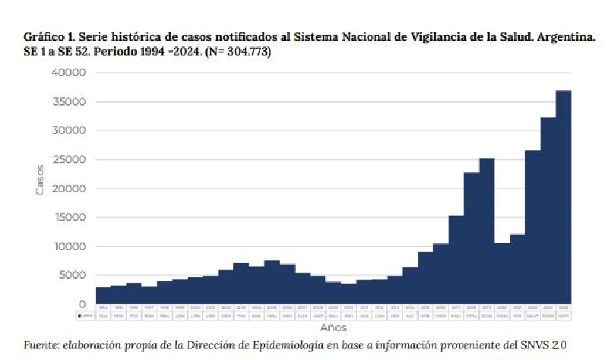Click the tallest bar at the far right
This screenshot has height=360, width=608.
pyautogui.click(x=563, y=197)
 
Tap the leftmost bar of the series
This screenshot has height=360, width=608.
pyautogui.click(x=103, y=296)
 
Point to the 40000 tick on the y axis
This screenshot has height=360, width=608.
pyautogui.click(x=69, y=73)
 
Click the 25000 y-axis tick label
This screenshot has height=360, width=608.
pyautogui.click(x=69, y=160)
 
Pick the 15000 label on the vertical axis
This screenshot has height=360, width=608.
pyautogui.click(x=69, y=218)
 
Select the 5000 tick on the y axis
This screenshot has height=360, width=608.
pyautogui.click(x=73, y=276)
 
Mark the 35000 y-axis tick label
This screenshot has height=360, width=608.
pyautogui.click(x=69, y=102)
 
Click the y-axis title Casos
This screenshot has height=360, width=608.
pyautogui.click(x=40, y=180)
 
